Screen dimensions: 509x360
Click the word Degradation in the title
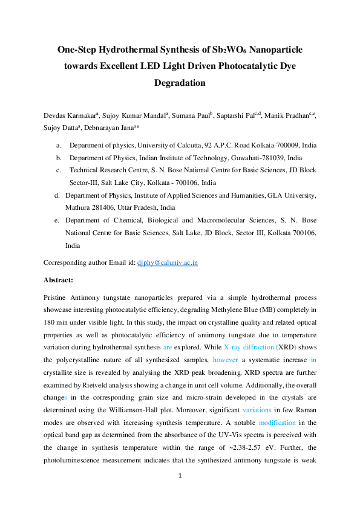[180, 83]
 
